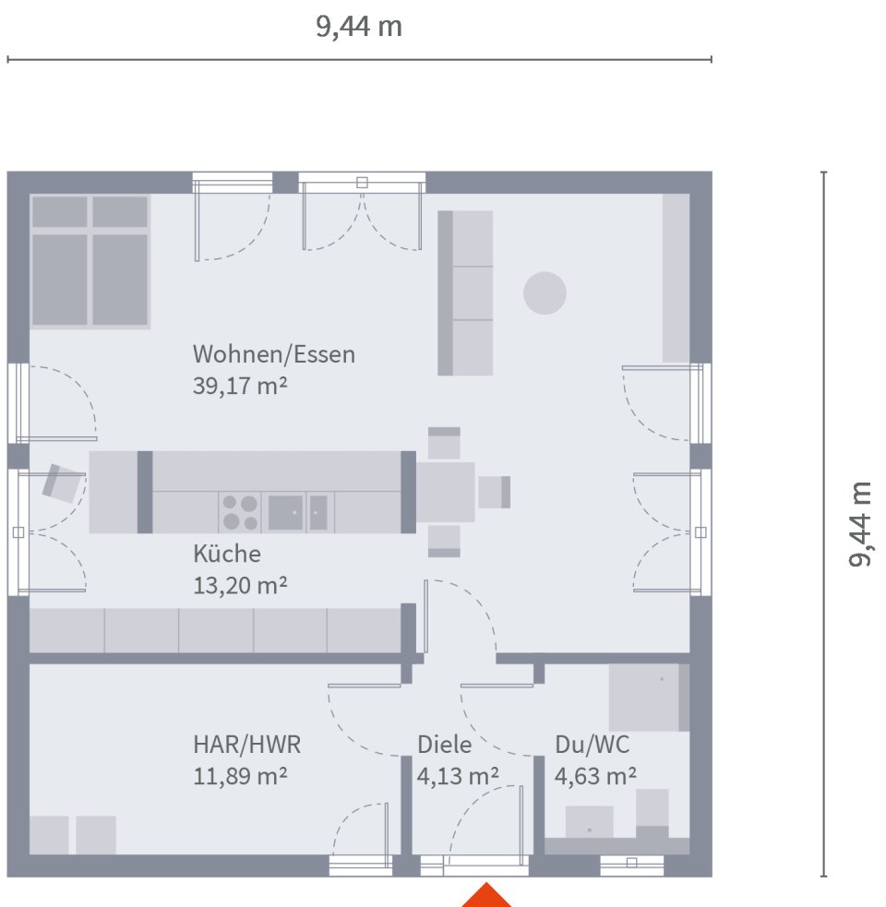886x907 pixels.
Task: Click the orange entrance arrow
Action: [x=485, y=896]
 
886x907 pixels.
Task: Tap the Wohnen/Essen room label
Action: [x=273, y=354]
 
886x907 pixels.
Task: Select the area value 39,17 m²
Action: [x=240, y=387]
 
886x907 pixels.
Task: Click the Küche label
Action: [x=227, y=554]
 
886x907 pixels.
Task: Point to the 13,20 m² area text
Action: [x=240, y=585]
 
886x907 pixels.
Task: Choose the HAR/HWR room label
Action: [x=246, y=745]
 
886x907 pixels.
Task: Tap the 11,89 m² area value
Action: [x=240, y=776]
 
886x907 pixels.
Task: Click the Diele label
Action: [x=444, y=745]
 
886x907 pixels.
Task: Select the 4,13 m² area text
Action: [x=458, y=776]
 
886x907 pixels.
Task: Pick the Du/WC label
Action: [x=593, y=745]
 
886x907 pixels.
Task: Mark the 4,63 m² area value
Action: [x=594, y=776]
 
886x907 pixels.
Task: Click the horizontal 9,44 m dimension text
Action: [x=359, y=27]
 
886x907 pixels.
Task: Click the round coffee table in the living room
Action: [x=545, y=293]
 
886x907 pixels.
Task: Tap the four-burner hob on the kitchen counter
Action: [x=239, y=512]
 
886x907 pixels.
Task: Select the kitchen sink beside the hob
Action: [x=286, y=512]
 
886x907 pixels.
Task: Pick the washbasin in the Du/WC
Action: [x=589, y=822]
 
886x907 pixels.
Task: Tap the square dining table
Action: [x=445, y=492]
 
